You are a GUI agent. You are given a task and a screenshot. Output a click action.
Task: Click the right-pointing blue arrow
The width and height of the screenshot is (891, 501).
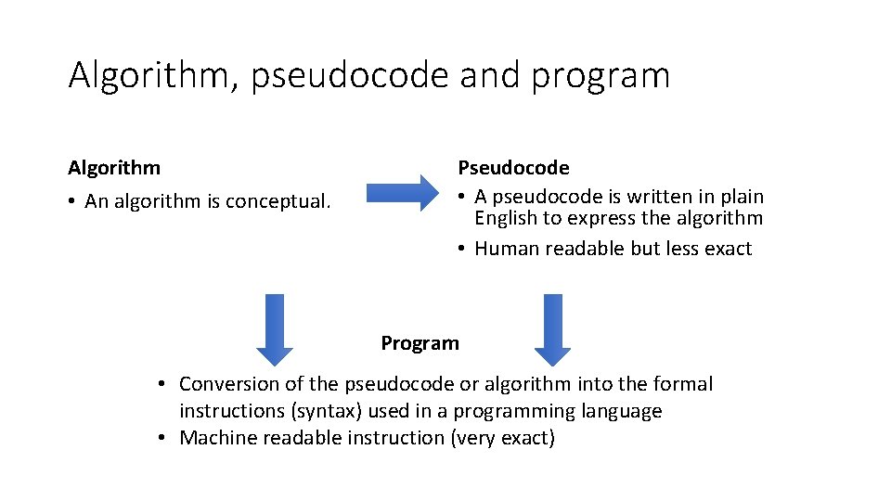pos(401,193)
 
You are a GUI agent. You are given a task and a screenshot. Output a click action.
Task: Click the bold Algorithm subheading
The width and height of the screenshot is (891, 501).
pos(114,168)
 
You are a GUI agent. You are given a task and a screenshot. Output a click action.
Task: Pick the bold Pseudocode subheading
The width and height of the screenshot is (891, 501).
pos(513,168)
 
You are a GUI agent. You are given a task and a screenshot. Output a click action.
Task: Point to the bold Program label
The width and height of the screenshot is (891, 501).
pos(420,343)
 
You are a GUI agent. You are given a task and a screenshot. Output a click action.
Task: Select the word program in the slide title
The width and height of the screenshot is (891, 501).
pos(600,75)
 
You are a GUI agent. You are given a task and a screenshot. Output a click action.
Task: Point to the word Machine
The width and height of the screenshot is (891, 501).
pos(215,438)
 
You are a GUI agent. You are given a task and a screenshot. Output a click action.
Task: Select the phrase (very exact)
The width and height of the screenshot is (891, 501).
pos(502,438)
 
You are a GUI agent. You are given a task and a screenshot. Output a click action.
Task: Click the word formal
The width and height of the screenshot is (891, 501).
pos(684,384)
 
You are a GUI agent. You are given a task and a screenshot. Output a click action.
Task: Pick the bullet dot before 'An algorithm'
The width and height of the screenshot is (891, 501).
pos(72,202)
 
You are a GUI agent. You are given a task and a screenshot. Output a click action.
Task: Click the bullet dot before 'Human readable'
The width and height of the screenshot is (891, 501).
pos(461,250)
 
